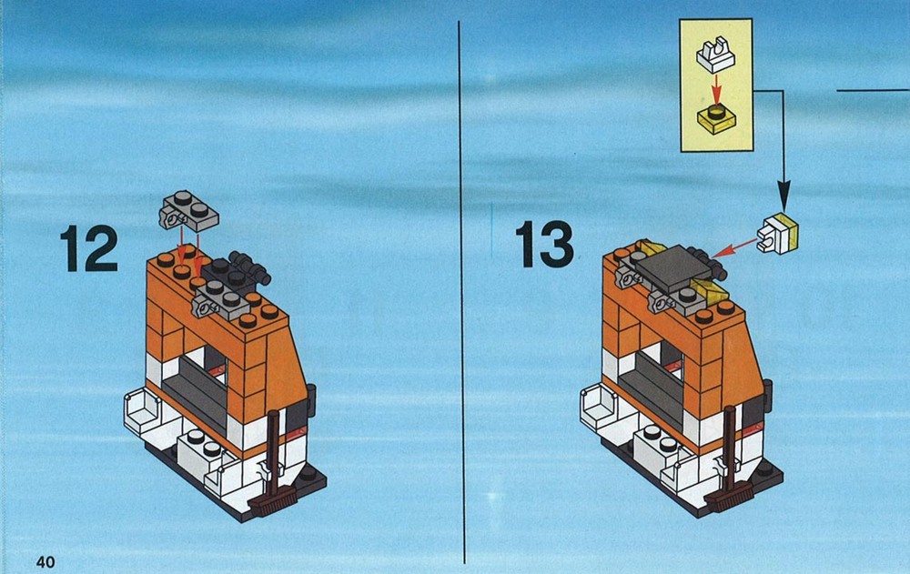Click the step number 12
coord(89,248)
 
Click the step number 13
coord(544,244)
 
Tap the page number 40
coord(45,561)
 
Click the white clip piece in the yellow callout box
coord(715,54)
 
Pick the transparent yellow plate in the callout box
coord(716,118)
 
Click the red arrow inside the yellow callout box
coord(717,89)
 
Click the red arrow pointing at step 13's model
coord(733,247)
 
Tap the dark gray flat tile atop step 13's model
coord(673,268)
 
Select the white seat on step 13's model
coord(598,407)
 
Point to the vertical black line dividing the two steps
coord(462,292)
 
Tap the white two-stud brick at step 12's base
coord(201,454)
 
